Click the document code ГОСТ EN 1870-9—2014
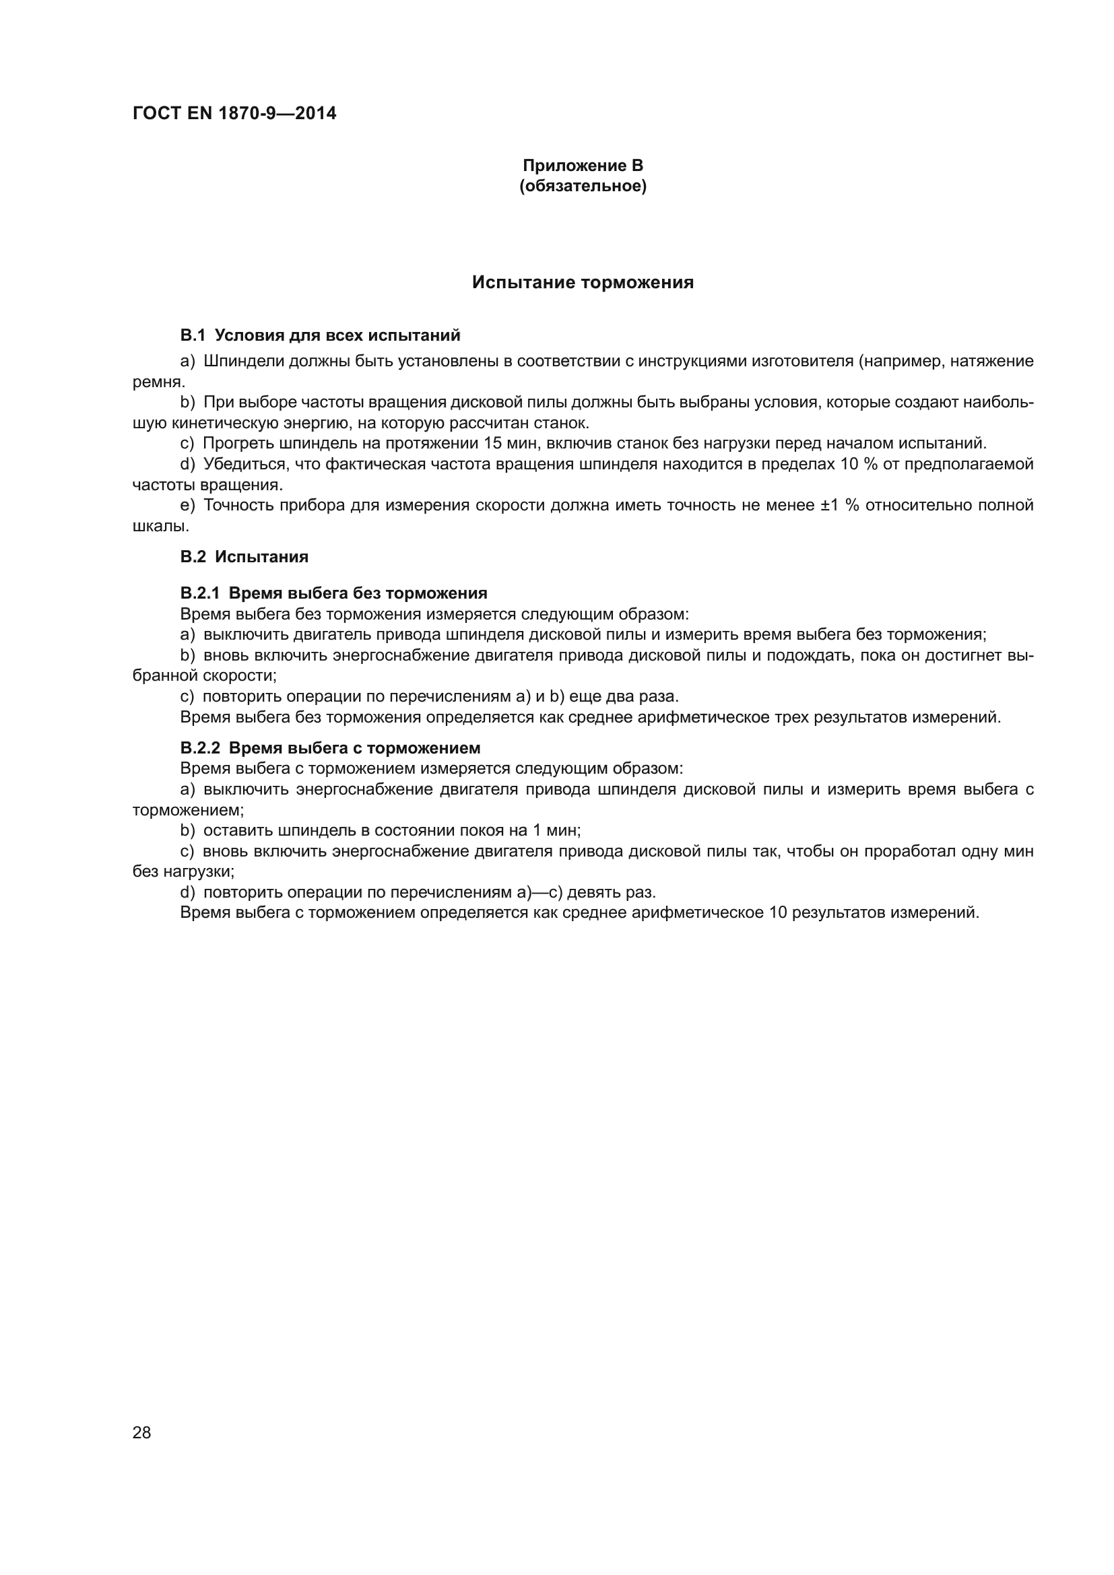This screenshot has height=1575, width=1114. pos(234,114)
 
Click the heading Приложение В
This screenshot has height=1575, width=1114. pos(583,166)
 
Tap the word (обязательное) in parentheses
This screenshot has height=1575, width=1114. pos(583,186)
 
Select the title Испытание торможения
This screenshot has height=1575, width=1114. pos(583,283)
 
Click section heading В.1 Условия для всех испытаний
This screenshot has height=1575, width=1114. pos(320,335)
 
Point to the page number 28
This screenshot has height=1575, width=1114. pos(141,1432)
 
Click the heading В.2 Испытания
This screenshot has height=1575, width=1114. pos(244,556)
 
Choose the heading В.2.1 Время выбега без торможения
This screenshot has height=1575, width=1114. pos(333,593)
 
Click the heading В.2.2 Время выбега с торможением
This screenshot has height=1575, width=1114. pos(330,747)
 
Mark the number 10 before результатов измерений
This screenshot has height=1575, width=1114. pos(777,912)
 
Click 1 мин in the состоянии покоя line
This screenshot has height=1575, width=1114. pos(556,831)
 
